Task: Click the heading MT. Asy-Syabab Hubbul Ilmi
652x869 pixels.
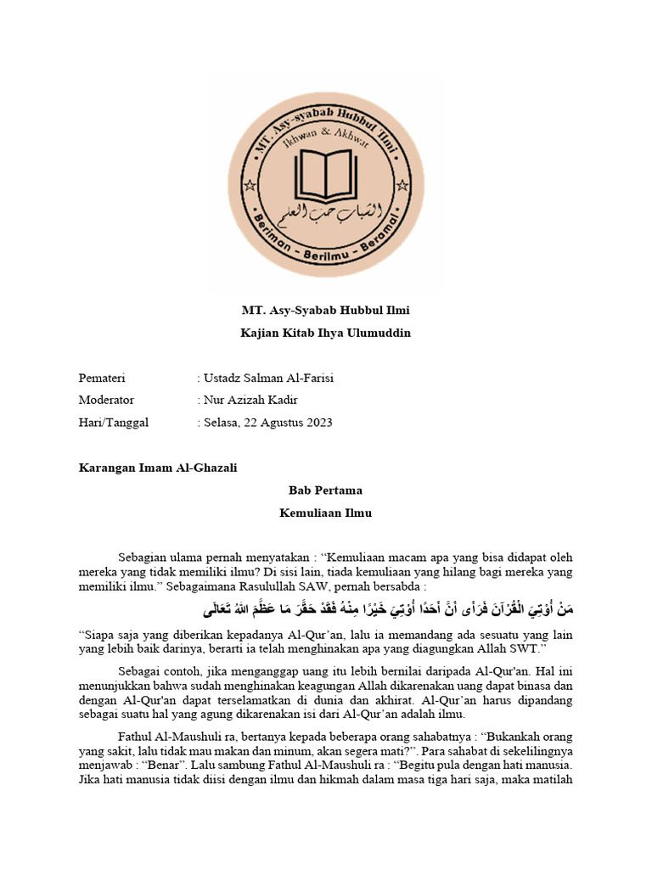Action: coord(326,310)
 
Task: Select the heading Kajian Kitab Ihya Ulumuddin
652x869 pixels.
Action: coord(326,333)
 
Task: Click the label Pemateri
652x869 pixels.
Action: coord(102,378)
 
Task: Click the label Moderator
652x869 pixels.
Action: coord(106,400)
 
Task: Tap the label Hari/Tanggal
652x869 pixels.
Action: coord(113,422)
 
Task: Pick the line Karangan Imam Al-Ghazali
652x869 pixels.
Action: coord(158,468)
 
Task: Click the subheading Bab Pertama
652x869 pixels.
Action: coord(326,491)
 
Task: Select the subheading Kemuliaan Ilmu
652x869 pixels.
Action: coord(326,513)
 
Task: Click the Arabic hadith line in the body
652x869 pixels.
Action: coord(387,610)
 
